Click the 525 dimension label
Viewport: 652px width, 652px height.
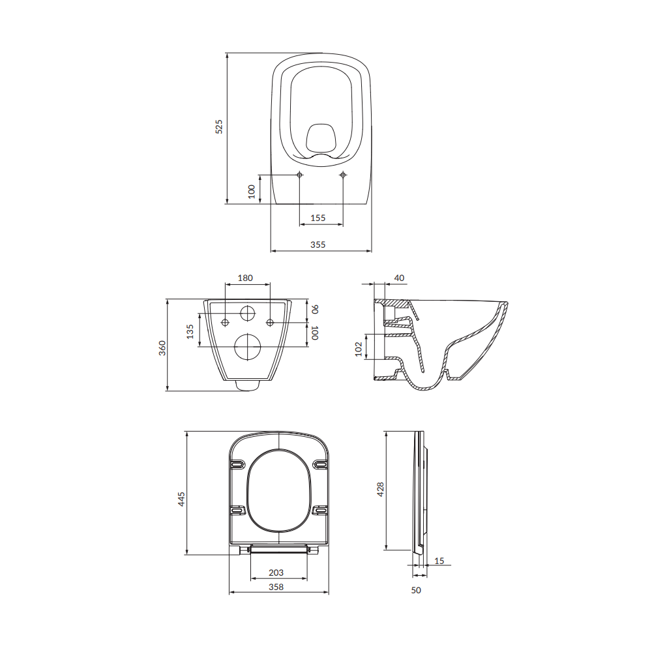click(x=218, y=126)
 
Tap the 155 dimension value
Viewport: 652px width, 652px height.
click(x=318, y=218)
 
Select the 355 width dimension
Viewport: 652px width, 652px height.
click(x=318, y=244)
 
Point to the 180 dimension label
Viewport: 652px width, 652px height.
click(x=245, y=278)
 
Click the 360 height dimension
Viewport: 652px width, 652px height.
click(x=162, y=348)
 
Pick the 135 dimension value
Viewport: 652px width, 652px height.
click(x=190, y=332)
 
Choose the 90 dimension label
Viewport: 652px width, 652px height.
click(x=315, y=309)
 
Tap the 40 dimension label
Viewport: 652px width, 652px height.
click(x=399, y=278)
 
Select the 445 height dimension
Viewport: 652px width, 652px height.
click(x=181, y=499)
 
